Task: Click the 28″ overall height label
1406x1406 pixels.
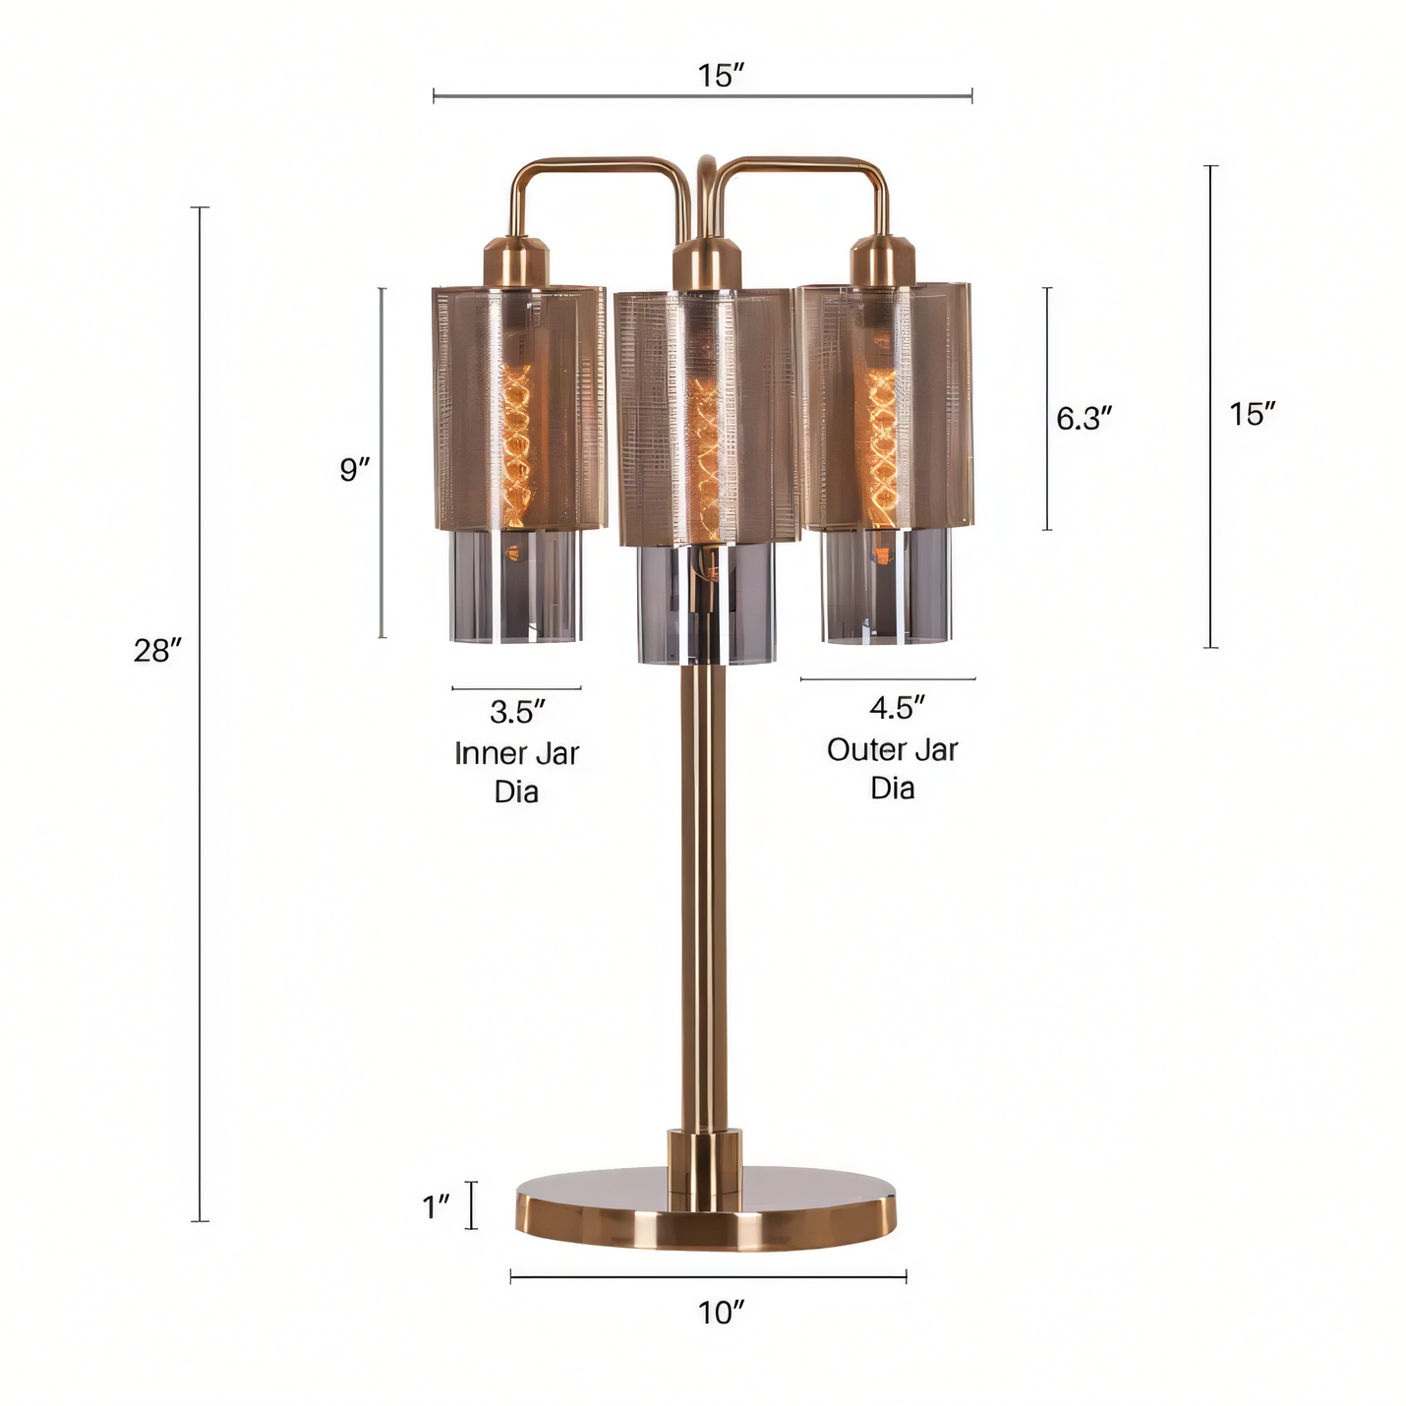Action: point(157,650)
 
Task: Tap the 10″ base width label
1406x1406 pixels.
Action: point(721,1313)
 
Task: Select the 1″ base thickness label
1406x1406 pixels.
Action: point(436,1206)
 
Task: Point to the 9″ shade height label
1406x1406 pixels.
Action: point(355,470)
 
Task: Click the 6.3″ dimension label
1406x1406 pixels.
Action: point(1084,419)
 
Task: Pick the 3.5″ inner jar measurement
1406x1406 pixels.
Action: point(517,712)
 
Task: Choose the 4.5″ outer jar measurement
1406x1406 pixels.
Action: point(897,708)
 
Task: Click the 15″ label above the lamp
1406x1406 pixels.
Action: point(721,76)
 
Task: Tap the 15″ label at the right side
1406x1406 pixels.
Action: point(1252,415)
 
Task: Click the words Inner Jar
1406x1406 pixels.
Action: point(516,754)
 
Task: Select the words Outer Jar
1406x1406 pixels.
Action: point(892,750)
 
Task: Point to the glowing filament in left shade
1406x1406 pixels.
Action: point(516,442)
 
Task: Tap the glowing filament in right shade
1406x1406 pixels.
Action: point(881,442)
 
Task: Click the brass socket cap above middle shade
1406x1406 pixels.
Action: point(705,264)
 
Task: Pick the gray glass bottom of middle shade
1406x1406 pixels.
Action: point(705,605)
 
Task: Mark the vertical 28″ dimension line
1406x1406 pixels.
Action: point(201,885)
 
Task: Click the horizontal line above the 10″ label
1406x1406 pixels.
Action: point(708,1277)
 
